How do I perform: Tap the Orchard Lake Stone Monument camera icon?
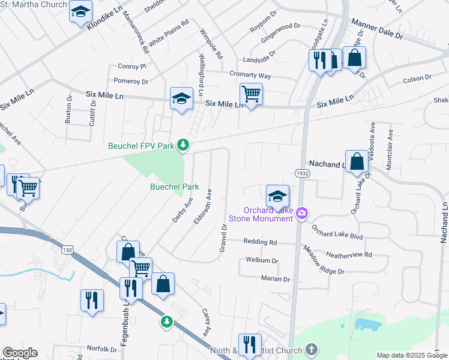(302, 213)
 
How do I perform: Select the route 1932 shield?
(303, 173)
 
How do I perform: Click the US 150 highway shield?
(71, 249)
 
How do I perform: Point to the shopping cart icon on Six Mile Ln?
(250, 94)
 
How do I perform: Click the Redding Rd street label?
(260, 242)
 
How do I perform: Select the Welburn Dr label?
(262, 261)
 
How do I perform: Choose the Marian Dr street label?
(275, 279)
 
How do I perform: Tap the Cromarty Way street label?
(250, 76)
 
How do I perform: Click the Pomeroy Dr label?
(130, 81)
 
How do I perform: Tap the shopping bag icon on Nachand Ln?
(357, 161)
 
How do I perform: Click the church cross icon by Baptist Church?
(311, 349)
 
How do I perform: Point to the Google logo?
(20, 353)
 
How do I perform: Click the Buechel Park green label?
(174, 187)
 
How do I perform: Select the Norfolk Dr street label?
(101, 349)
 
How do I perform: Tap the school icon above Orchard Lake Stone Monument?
(277, 196)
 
